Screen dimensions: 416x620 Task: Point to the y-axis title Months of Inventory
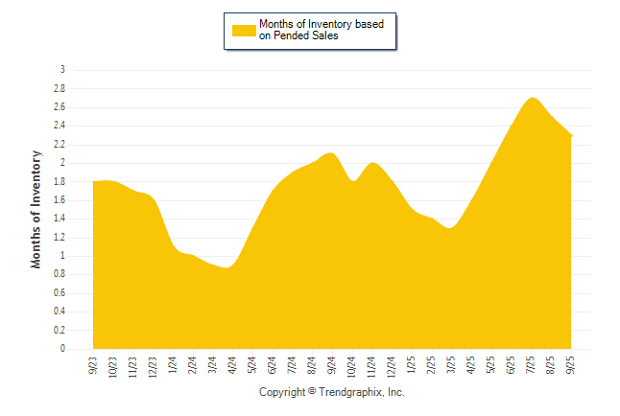click(36, 209)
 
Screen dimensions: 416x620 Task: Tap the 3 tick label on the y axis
click(63, 70)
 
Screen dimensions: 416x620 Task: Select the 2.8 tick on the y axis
click(60, 88)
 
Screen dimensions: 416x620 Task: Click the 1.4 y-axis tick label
click(60, 219)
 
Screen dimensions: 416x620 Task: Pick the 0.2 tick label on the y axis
click(60, 331)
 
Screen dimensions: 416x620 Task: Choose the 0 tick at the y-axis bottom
click(63, 350)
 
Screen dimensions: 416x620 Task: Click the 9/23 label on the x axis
click(93, 365)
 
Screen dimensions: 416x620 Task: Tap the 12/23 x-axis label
click(153, 367)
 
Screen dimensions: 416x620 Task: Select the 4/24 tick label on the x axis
click(232, 365)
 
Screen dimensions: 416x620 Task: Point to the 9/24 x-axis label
click(332, 365)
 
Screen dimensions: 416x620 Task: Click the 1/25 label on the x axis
click(412, 365)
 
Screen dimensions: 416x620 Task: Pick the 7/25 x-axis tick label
click(532, 365)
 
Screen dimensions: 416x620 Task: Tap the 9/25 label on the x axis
click(572, 365)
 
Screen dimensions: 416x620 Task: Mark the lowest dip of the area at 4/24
click(227, 268)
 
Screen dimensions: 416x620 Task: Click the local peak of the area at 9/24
click(331, 153)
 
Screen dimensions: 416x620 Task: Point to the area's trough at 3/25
click(450, 228)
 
